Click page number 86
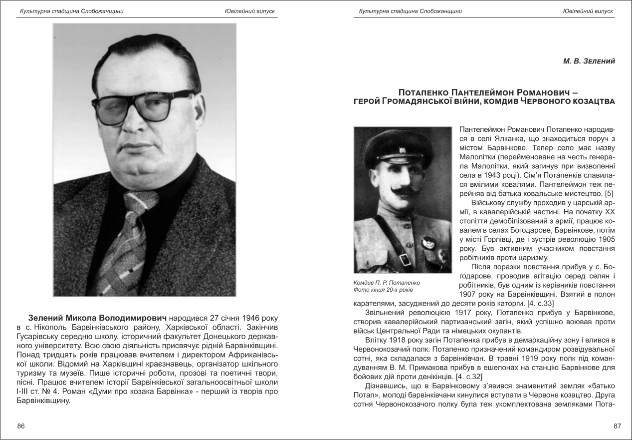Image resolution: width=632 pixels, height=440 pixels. [20, 426]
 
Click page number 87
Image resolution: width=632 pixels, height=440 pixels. [617, 426]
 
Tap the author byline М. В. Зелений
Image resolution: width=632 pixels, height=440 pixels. [589, 61]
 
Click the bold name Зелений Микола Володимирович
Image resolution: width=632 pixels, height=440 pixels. [97, 318]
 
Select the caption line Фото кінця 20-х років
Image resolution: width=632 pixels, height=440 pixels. [383, 290]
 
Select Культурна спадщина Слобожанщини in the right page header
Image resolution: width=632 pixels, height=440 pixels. [410, 11]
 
